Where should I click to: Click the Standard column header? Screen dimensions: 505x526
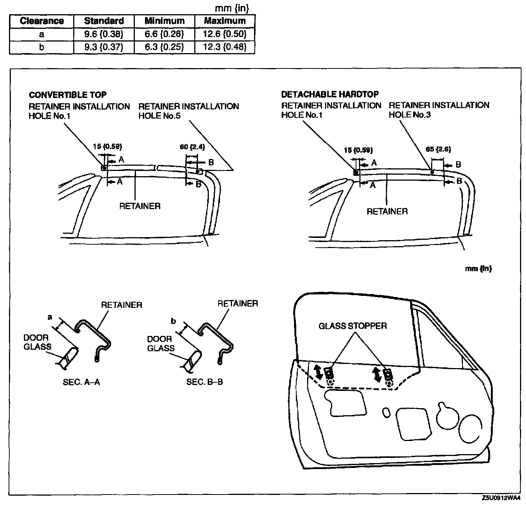(x=103, y=21)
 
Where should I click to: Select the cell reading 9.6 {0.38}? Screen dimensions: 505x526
(x=103, y=34)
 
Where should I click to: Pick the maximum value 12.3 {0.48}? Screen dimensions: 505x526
(x=225, y=48)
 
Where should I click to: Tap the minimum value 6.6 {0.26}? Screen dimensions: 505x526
(x=164, y=34)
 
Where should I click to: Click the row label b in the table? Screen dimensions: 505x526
(x=41, y=48)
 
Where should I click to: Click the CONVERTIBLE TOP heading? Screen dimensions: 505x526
(x=68, y=95)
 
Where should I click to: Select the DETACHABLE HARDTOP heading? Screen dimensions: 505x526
(x=330, y=94)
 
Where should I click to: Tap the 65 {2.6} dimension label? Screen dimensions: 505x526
(x=438, y=149)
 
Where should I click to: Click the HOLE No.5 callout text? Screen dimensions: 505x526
(x=160, y=116)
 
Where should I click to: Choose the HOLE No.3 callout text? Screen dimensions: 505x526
(x=410, y=115)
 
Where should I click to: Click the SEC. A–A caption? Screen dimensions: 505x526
(x=81, y=382)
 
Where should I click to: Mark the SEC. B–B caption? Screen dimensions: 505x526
(x=204, y=382)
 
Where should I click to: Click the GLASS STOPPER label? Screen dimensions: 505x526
(x=353, y=326)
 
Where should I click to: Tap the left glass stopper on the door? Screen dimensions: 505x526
(x=329, y=373)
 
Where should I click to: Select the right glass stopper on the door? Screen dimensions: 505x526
(x=388, y=374)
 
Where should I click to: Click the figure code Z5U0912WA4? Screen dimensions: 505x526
(x=501, y=498)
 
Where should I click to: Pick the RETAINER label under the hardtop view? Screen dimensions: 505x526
(x=387, y=212)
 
